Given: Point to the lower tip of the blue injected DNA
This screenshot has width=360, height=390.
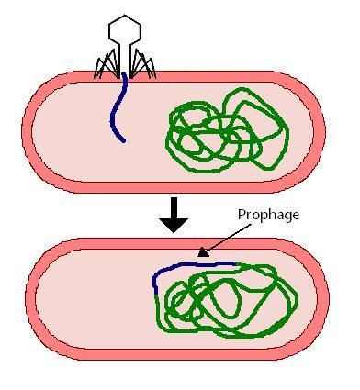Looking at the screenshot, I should click(123, 140).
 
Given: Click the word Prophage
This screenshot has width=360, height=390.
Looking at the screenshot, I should click(268, 215).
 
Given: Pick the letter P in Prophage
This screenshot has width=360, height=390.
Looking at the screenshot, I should click(242, 215).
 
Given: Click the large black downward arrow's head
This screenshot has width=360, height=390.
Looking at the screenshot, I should click(174, 223).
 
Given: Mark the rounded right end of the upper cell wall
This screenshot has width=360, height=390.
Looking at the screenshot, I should click(321, 128).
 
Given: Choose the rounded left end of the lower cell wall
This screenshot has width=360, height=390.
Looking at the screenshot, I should click(33, 298).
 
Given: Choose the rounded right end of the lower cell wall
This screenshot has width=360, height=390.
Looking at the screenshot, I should click(323, 298).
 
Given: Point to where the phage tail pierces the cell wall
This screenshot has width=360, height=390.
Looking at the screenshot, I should click(123, 79).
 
